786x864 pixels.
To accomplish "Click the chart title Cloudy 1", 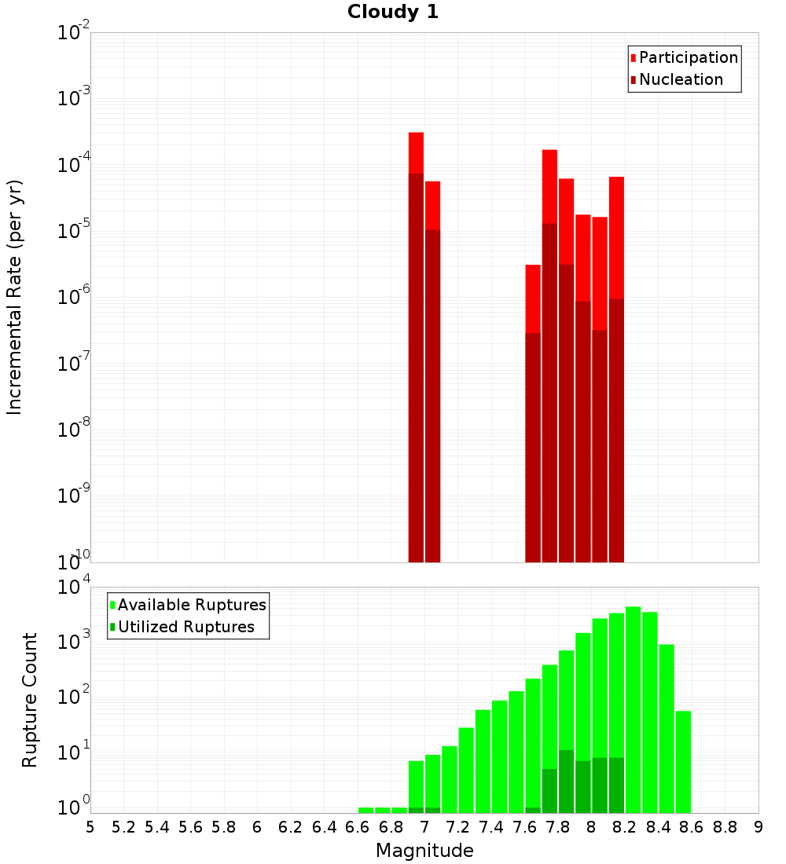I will click(393, 12).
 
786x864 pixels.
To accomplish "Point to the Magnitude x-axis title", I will click(424, 851).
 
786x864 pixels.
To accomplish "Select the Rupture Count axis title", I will click(30, 700).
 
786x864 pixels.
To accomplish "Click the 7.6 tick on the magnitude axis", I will click(524, 827).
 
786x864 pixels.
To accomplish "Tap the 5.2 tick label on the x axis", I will click(123, 827).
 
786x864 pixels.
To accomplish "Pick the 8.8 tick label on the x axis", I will click(725, 827).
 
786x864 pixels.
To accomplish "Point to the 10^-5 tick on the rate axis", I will click(73, 231).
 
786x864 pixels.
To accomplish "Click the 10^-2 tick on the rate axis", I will click(73, 33).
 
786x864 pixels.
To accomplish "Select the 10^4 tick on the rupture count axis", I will click(73, 588).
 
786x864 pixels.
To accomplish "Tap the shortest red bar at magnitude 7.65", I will click(533, 298).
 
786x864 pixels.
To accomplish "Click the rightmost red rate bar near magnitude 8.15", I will click(616, 236).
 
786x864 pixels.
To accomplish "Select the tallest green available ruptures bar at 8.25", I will click(633, 707).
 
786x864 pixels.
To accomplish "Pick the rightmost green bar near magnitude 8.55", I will click(683, 762).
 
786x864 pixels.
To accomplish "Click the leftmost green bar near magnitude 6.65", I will click(365, 810).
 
